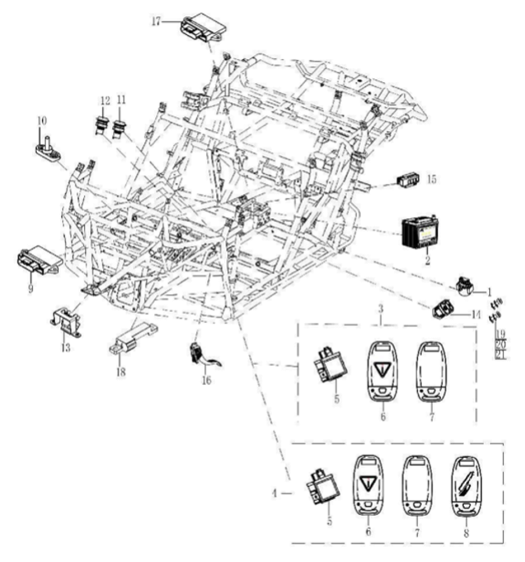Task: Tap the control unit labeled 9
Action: (x=39, y=260)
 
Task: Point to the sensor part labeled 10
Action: (x=49, y=149)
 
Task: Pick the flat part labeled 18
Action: (x=131, y=340)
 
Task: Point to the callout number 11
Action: (x=121, y=100)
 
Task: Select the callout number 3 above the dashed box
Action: (x=382, y=310)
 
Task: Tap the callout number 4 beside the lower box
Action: (x=275, y=494)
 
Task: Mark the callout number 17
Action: (x=156, y=23)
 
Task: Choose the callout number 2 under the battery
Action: (x=427, y=261)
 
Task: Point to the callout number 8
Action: (x=466, y=533)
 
